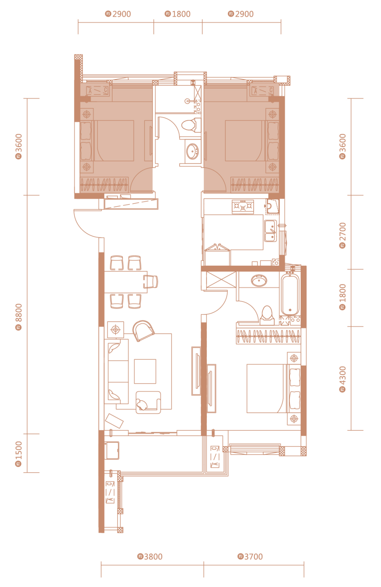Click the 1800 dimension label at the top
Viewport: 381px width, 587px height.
click(178, 14)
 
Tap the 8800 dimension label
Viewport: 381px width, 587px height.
click(18, 317)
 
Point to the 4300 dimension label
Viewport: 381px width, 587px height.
click(343, 379)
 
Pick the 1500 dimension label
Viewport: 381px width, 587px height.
click(18, 454)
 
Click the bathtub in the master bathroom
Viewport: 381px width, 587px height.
click(290, 294)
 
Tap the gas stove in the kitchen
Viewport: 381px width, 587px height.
click(243, 207)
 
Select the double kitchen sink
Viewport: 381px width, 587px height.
click(271, 231)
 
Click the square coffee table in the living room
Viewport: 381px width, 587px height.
click(145, 371)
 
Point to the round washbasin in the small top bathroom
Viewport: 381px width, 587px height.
click(193, 151)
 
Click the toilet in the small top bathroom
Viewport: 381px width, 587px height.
click(191, 125)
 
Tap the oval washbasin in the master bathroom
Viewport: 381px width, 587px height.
click(259, 281)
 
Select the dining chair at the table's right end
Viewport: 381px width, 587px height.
click(151, 282)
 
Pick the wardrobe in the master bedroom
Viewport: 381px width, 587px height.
click(268, 336)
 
